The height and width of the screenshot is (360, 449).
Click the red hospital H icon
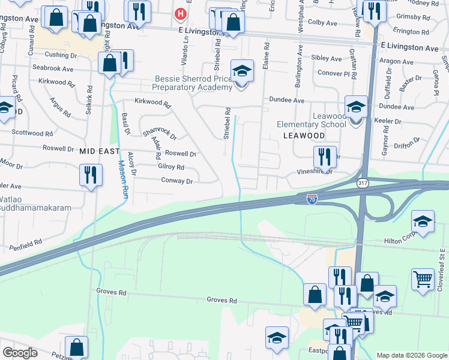(179, 13)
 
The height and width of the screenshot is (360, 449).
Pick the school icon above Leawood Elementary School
(356, 107)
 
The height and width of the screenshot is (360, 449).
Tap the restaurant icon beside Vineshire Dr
(325, 158)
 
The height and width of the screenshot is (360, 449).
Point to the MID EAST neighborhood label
(100, 152)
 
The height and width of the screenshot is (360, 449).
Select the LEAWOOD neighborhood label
(304, 136)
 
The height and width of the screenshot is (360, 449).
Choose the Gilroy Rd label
(171, 167)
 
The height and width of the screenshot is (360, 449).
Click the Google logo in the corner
(20, 353)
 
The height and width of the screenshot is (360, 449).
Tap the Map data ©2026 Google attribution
(411, 355)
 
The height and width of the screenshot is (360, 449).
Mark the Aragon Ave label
(396, 62)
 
